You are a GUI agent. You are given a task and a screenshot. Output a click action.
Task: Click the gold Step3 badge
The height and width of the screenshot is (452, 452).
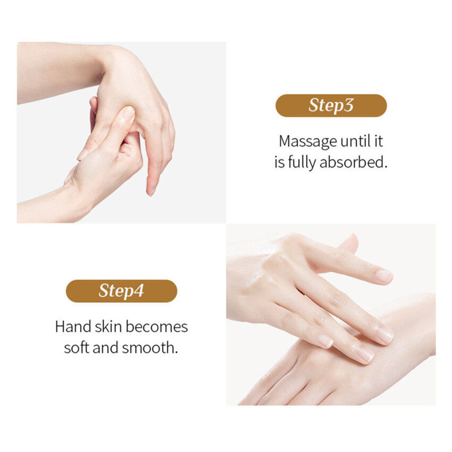tap(331, 105)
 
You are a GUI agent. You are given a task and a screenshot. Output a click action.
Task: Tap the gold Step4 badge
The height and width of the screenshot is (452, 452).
tap(121, 291)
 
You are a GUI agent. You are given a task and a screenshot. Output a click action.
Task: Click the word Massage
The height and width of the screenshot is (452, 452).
tap(307, 142)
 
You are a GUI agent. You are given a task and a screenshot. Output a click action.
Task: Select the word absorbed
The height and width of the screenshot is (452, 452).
tap(353, 162)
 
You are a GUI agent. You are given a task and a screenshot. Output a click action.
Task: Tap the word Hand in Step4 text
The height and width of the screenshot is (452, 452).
tap(73, 327)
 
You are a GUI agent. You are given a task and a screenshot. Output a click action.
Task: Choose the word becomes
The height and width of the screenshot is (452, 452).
tap(156, 327)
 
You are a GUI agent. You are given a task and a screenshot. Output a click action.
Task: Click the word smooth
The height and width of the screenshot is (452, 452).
tap(150, 347)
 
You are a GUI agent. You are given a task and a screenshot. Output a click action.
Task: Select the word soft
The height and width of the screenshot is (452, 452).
tap(77, 347)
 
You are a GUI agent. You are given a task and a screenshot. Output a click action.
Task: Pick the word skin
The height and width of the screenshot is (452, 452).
tap(108, 327)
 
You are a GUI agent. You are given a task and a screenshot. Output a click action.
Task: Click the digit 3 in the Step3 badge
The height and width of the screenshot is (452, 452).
tap(348, 105)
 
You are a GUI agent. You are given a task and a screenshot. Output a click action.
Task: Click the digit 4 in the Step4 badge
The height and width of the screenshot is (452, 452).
tap(139, 290)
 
